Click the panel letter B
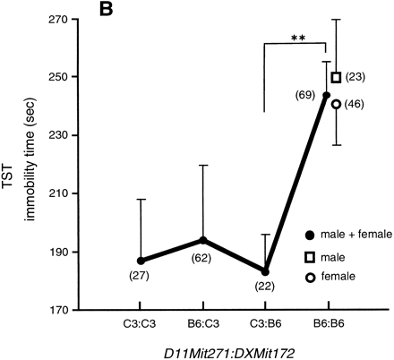coord(94,15)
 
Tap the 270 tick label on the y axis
coord(60,19)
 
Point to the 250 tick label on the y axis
coord(60,77)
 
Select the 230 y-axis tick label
coord(60,135)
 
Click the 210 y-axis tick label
coord(60,193)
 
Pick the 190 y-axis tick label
coord(60,253)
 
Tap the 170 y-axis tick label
coord(60,311)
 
